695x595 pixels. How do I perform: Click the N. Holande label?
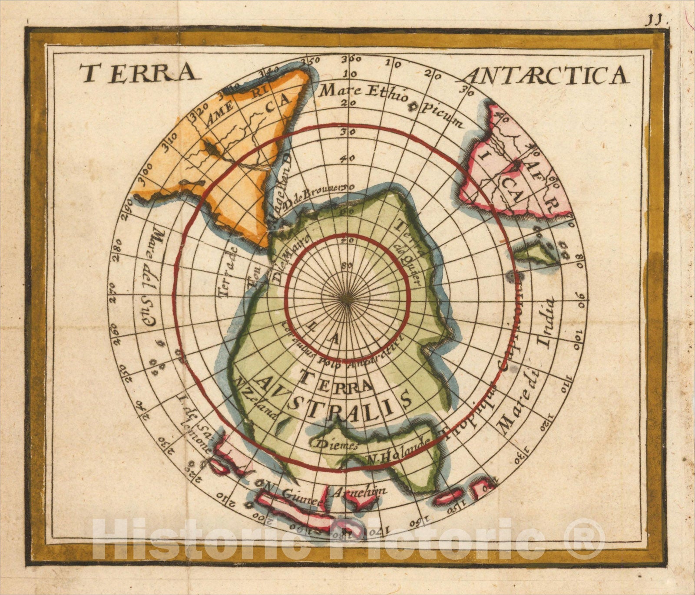pyautogui.click(x=399, y=450)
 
